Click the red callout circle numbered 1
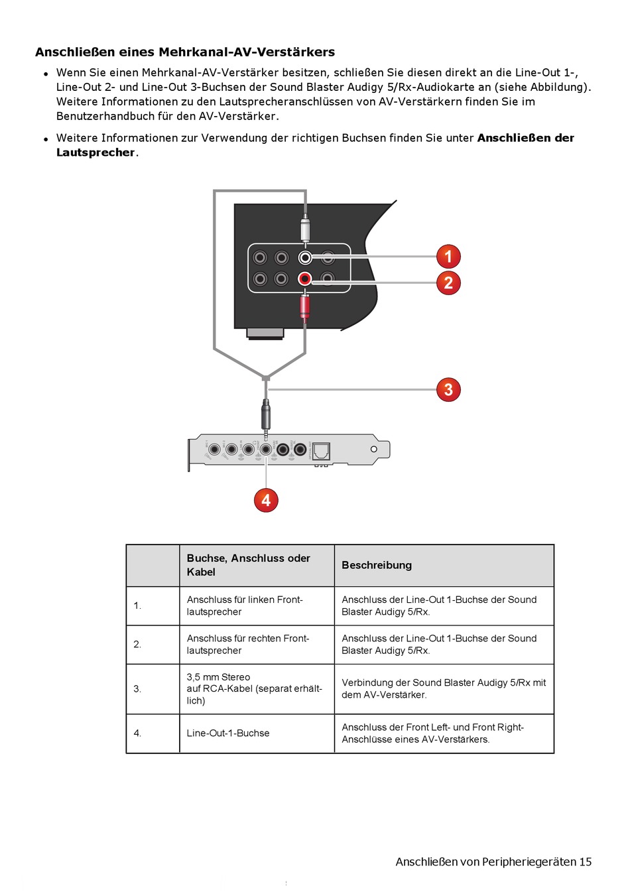(448, 257)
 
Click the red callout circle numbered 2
(448, 283)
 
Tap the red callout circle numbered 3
(448, 389)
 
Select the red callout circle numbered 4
(266, 500)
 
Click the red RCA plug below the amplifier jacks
(304, 306)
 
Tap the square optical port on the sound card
(321, 451)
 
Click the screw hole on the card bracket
(374, 449)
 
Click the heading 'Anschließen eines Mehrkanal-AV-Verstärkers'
(185, 52)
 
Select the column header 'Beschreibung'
(377, 565)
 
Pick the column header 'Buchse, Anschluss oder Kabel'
(248, 565)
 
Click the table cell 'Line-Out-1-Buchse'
(228, 733)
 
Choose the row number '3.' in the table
(137, 689)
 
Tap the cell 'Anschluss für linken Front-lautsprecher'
(245, 605)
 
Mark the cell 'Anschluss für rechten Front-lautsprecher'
(248, 644)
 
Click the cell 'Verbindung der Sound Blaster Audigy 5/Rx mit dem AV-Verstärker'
(443, 688)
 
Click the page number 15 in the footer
(585, 861)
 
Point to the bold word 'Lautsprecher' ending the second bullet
(95, 153)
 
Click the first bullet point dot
(46, 74)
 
